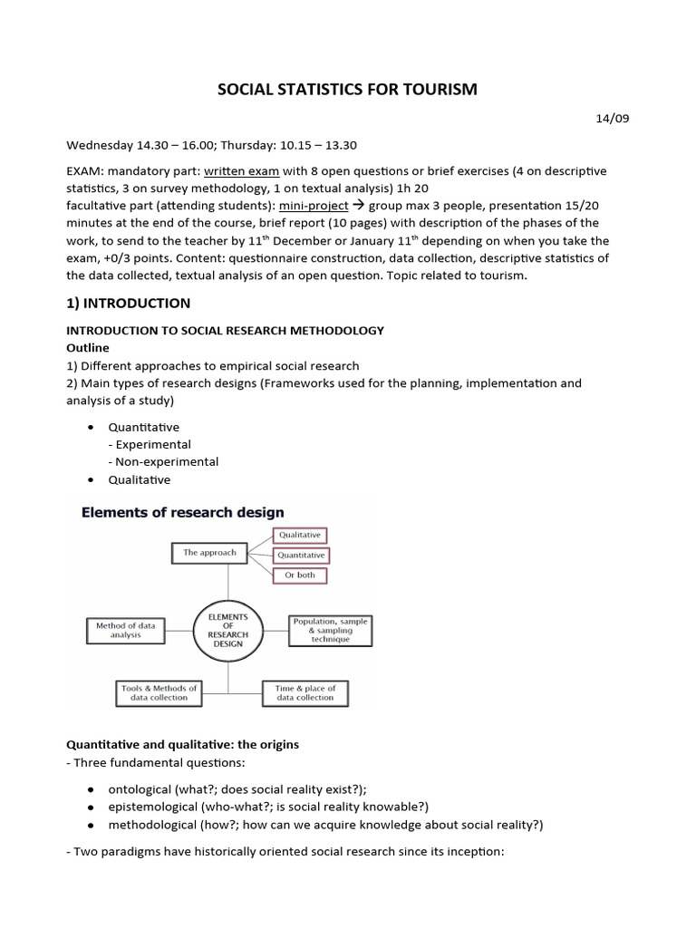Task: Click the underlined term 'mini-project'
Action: tap(313, 206)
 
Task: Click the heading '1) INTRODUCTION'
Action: tap(129, 303)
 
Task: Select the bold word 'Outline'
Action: tap(89, 347)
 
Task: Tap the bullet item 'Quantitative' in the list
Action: tap(143, 427)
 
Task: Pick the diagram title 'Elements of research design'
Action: tap(183, 513)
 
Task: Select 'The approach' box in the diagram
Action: tap(209, 552)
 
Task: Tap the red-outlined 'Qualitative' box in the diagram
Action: tap(299, 535)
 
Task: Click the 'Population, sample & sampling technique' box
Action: tap(330, 630)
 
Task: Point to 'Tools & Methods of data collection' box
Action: tap(159, 693)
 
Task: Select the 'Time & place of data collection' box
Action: tap(304, 693)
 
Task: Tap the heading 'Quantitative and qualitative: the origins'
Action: tap(183, 744)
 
